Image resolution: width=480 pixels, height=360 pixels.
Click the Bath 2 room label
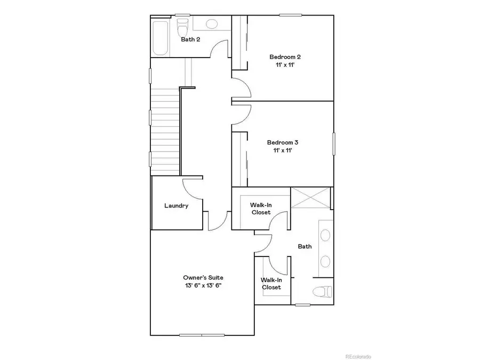(190, 39)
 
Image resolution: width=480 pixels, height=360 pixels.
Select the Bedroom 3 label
(282, 142)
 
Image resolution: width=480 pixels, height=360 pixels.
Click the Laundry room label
(176, 206)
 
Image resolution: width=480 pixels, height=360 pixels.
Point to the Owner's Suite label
(203, 277)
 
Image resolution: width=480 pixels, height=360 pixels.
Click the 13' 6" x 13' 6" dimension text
(203, 285)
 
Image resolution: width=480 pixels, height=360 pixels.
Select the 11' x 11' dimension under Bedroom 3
(282, 151)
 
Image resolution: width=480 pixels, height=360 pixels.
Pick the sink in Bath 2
(212, 24)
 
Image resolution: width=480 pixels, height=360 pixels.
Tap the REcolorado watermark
(358, 356)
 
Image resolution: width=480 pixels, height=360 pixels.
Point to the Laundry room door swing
(193, 189)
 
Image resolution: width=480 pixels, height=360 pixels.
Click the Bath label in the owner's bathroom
(305, 246)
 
